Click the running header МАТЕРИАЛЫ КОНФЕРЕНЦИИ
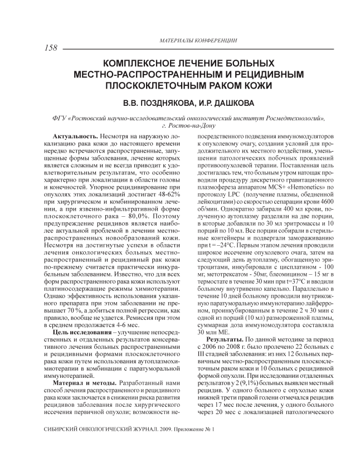click(198, 41)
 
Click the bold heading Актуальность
click(76, 136)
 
